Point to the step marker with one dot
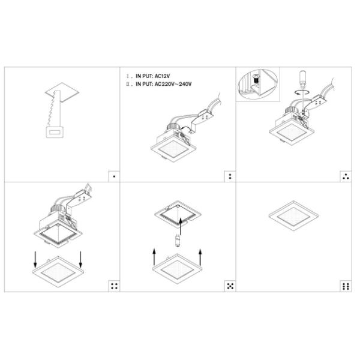pyautogui.click(x=114, y=176)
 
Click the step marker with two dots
pyautogui.click(x=230, y=176)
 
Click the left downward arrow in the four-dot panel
pyautogui.click(x=35, y=259)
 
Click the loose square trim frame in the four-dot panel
pyautogui.click(x=58, y=273)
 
